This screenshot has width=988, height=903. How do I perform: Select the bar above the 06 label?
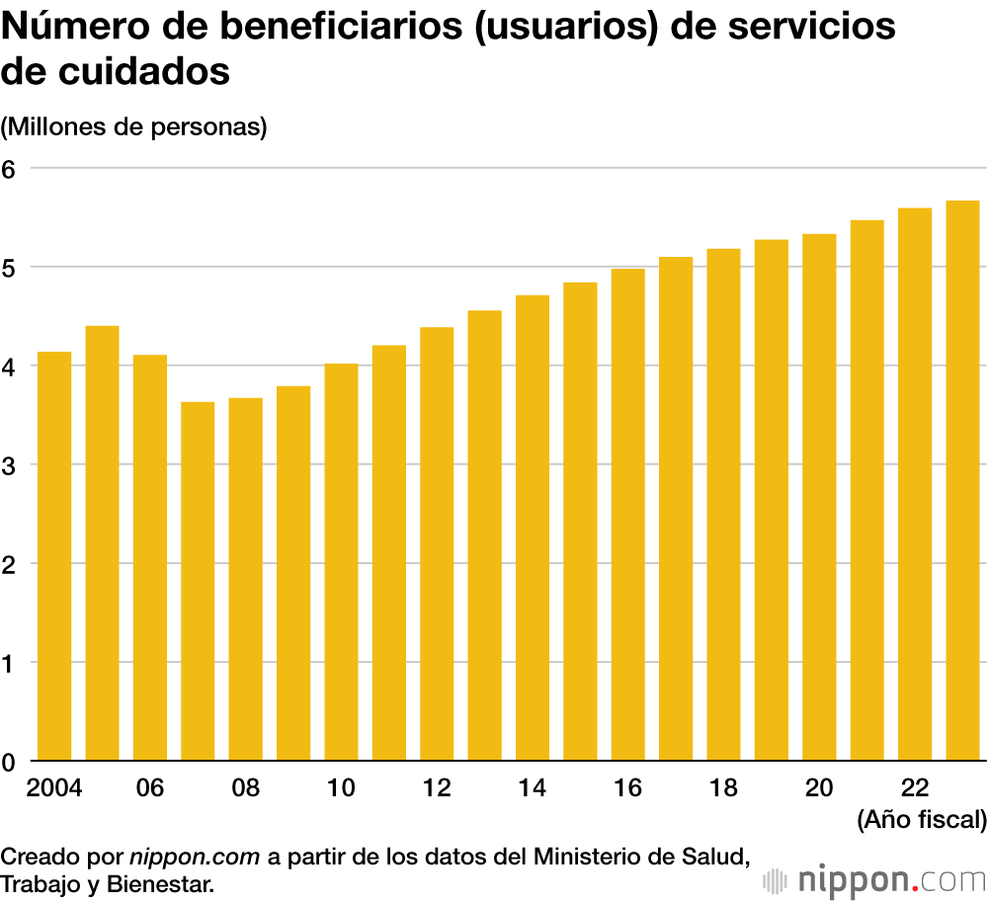click(x=150, y=558)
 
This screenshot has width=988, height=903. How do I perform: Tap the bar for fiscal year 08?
click(x=246, y=579)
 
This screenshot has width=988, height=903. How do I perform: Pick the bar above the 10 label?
click(x=342, y=562)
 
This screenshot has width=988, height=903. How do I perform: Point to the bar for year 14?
click(x=533, y=528)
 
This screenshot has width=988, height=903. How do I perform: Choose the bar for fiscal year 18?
click(x=724, y=505)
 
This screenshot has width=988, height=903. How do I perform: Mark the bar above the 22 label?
click(x=915, y=484)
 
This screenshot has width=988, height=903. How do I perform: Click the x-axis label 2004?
click(x=54, y=788)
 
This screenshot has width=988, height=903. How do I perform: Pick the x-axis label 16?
click(x=628, y=788)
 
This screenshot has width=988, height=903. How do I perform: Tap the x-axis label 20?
click(x=819, y=788)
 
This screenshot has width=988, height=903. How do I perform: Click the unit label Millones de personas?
click(x=134, y=127)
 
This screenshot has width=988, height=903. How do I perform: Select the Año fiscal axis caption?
click(x=922, y=819)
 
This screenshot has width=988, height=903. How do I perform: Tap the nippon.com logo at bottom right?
click(x=875, y=878)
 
